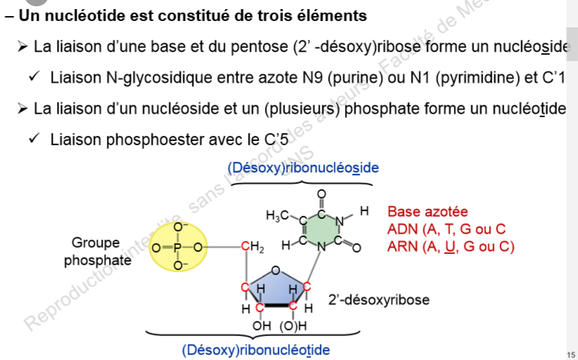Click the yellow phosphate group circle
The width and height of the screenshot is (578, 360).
[180, 247]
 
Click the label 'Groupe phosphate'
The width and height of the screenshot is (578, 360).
[98, 252]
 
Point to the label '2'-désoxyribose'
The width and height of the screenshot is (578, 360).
[379, 300]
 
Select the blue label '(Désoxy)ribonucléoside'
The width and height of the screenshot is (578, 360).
[303, 168]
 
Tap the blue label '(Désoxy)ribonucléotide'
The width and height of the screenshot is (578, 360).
[256, 349]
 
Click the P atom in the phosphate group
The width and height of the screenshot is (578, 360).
[178, 247]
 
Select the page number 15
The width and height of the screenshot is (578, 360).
[570, 353]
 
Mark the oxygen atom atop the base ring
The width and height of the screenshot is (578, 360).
[322, 194]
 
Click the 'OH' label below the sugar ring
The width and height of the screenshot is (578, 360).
[261, 326]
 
